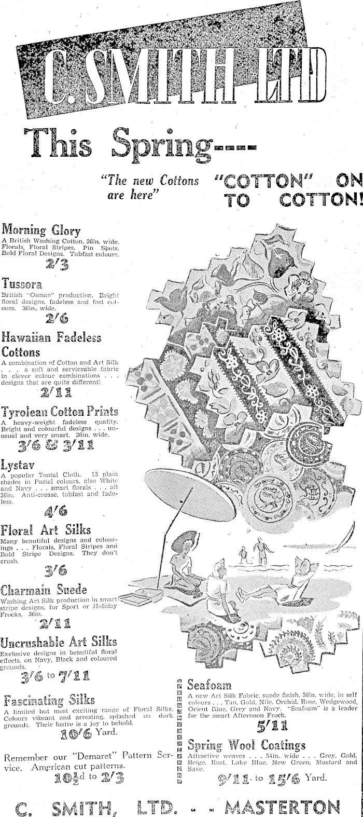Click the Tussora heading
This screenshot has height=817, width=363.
pos(22,284)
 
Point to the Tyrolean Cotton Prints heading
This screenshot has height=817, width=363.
pos(60,412)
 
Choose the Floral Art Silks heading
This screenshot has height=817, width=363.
pos(46,530)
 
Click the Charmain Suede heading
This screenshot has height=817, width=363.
pos(44,590)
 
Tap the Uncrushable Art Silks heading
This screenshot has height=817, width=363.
pos(59,643)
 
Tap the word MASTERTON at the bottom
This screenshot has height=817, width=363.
pos(283,806)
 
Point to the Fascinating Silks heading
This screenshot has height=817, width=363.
pos(49,699)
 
